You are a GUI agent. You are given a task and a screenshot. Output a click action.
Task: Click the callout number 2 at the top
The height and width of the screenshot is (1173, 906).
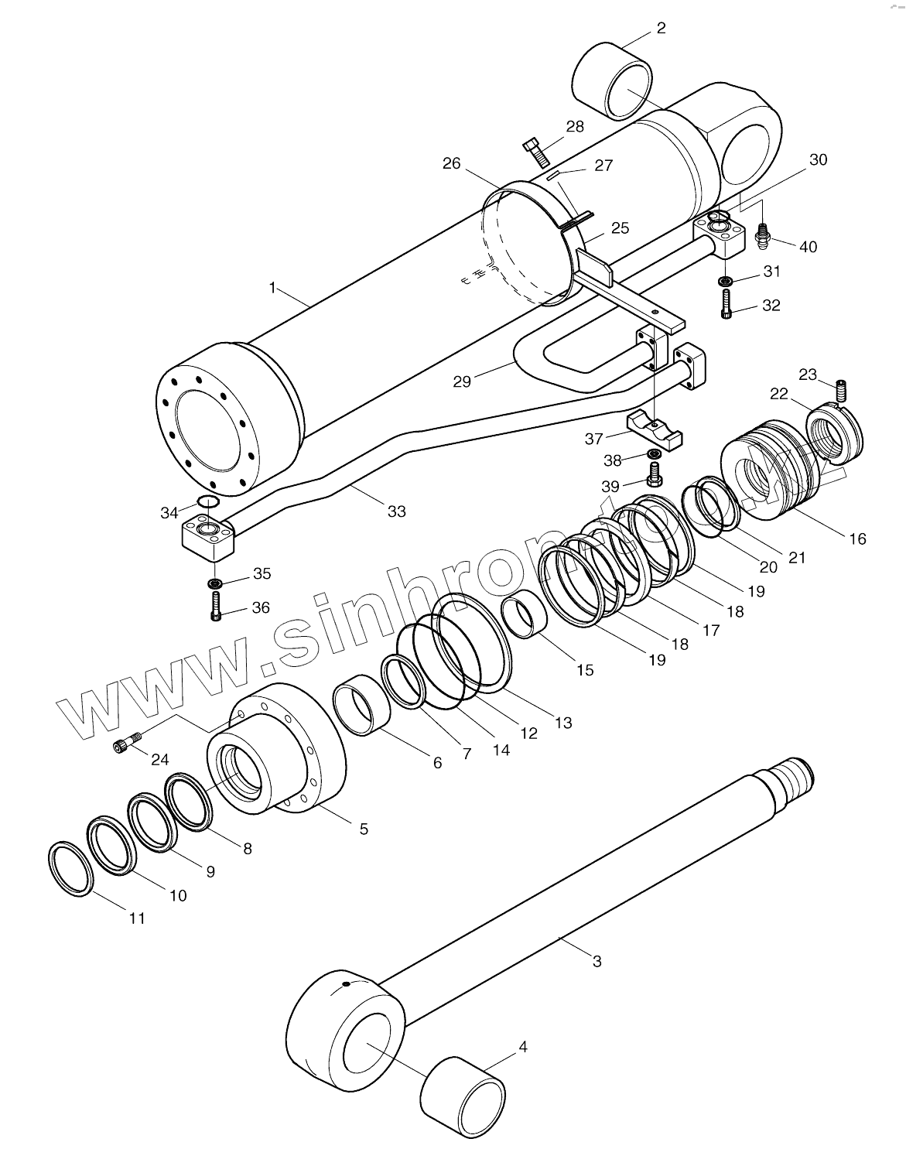click(x=660, y=29)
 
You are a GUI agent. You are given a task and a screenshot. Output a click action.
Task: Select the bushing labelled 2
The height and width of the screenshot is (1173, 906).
click(x=612, y=81)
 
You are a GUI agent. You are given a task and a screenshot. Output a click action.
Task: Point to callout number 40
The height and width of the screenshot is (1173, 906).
click(x=808, y=247)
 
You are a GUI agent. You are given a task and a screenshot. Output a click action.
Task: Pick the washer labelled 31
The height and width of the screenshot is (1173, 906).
click(x=727, y=279)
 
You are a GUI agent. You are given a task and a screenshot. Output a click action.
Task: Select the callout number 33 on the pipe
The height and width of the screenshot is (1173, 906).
click(x=397, y=511)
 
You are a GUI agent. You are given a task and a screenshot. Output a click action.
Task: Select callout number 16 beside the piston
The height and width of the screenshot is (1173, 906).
click(x=857, y=539)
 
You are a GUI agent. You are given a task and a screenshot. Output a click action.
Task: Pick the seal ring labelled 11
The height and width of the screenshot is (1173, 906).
click(x=71, y=868)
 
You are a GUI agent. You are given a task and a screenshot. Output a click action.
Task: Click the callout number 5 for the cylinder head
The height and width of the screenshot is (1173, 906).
click(x=363, y=829)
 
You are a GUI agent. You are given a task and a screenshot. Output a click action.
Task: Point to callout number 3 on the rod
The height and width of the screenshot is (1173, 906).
click(x=597, y=961)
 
